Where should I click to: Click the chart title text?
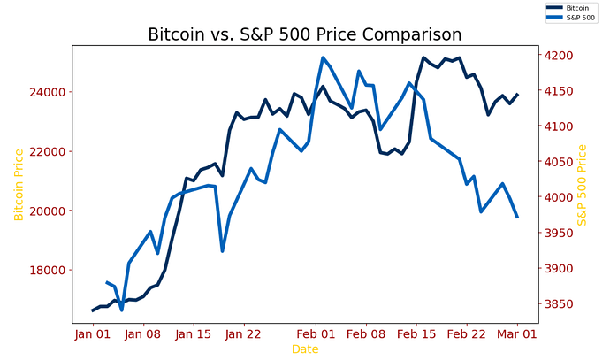pos(304,35)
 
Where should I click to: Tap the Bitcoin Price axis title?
pos(19,185)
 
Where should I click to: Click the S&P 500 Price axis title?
pos(582,185)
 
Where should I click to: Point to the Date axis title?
pos(305,349)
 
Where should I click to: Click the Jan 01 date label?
pos(92,334)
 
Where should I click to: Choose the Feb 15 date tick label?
pos(416,334)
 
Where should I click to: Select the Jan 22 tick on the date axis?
pos(244,334)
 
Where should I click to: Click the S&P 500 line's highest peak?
pos(323,57)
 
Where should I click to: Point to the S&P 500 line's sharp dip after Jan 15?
pos(222,251)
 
